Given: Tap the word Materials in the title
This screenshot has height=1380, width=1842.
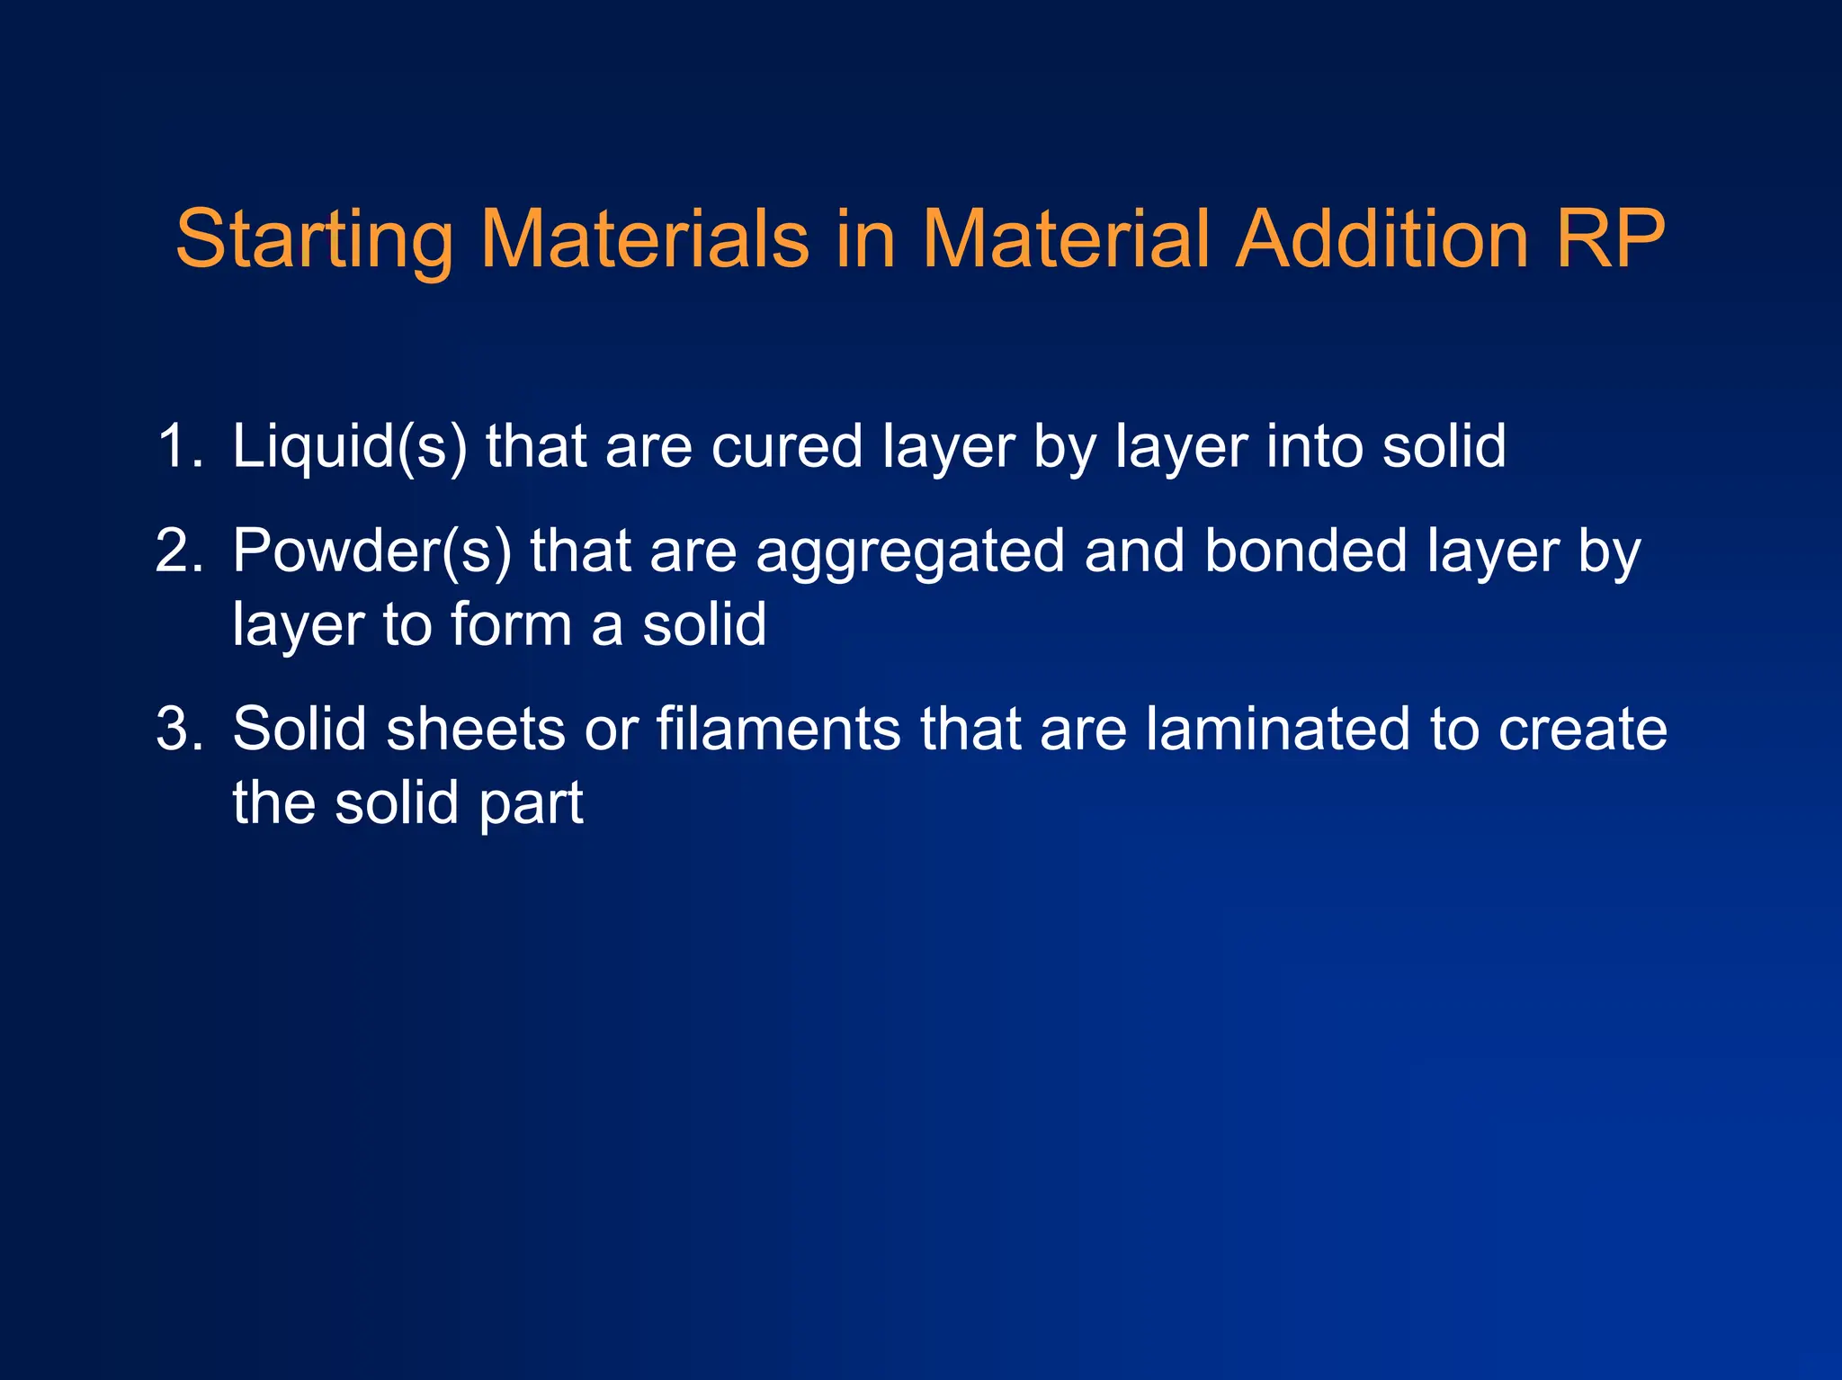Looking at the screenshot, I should pos(645,239).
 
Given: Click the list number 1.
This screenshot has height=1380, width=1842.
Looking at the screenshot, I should pos(178,446).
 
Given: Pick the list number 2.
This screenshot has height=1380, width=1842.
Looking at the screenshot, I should pos(178,551).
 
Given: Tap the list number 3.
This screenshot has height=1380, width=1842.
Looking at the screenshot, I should pos(178,729).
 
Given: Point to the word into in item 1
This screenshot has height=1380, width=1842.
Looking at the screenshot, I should pos(1314,446).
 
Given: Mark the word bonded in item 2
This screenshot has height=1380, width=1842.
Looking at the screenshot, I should pos(1306,551).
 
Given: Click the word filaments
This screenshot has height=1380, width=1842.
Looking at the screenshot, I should pos(778,729).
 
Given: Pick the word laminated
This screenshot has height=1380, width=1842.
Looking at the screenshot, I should pos(1278,729).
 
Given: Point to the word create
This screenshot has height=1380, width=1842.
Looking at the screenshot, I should pos(1582,729).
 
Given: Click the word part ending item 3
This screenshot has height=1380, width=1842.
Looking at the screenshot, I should pos(531,804).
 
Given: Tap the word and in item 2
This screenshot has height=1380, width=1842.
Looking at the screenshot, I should pos(1135,551).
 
